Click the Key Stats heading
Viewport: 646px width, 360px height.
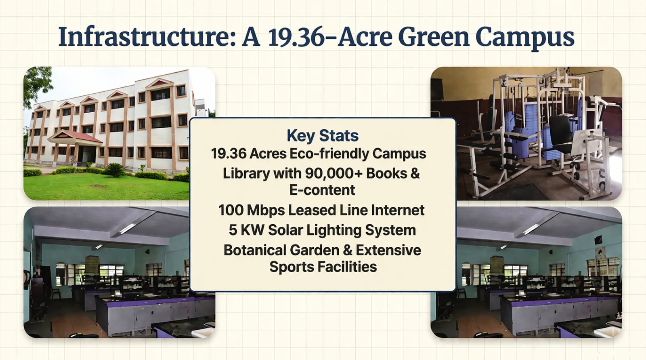pyautogui.click(x=323, y=135)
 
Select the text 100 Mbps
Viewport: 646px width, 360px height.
pyautogui.click(x=252, y=211)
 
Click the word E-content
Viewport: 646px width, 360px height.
pyautogui.click(x=322, y=190)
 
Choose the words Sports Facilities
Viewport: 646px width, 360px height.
pyautogui.click(x=323, y=267)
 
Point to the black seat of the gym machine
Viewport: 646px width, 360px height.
pyautogui.click(x=560, y=133)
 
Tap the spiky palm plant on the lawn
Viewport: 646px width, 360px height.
pyautogui.click(x=115, y=170)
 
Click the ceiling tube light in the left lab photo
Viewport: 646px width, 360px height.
pyautogui.click(x=127, y=229)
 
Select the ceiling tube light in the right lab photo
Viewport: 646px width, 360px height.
pyautogui.click(x=531, y=229)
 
